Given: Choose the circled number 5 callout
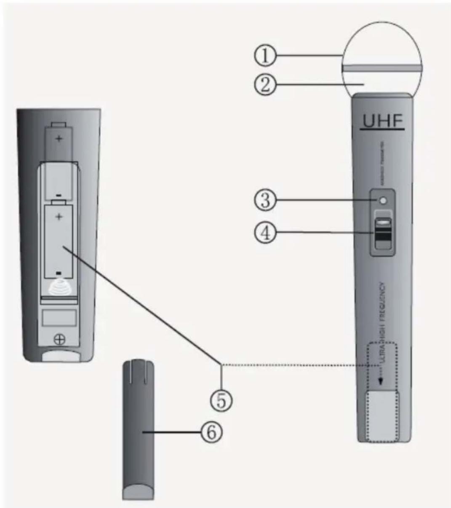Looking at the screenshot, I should coord(221,399).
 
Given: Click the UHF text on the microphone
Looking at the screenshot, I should coord(382,121).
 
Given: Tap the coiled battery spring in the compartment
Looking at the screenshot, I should coord(59,287).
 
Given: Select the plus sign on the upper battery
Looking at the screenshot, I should coord(59,138).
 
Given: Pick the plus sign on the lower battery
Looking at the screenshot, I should coord(59,217).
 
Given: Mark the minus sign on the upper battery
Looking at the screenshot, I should coord(59,195).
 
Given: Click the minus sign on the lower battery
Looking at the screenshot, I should coord(59,273).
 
